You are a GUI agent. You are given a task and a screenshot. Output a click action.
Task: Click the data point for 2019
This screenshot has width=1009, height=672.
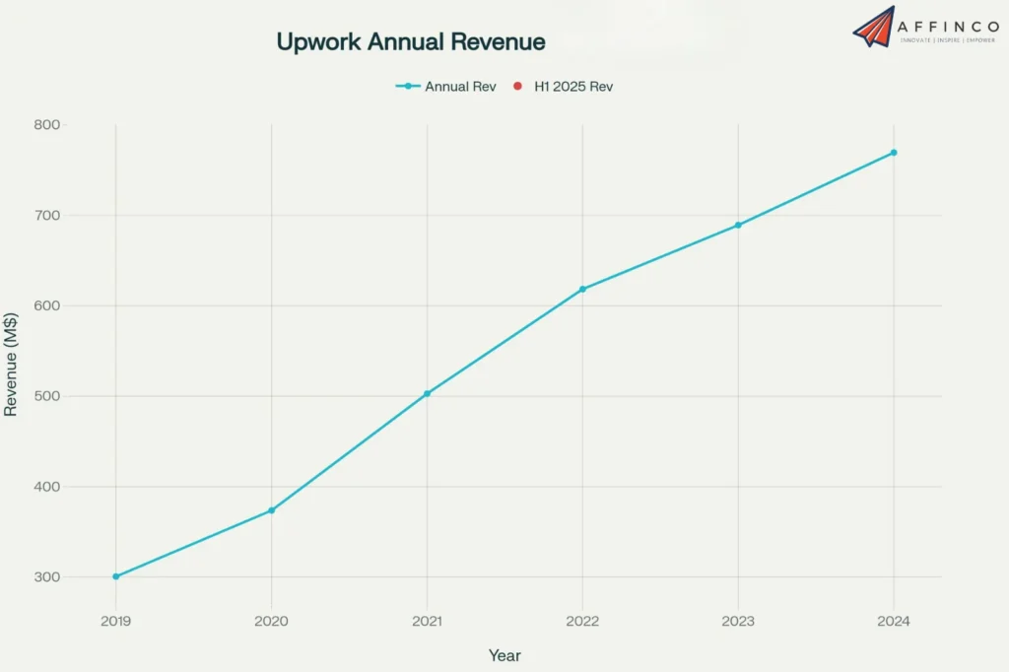pyautogui.click(x=116, y=576)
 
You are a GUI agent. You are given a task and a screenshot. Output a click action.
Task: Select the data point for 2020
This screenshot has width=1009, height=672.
pyautogui.click(x=271, y=510)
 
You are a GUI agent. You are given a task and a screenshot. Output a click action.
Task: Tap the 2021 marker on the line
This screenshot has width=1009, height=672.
pyautogui.click(x=427, y=393)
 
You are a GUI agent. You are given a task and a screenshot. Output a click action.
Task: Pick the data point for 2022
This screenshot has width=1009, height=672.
pyautogui.click(x=582, y=289)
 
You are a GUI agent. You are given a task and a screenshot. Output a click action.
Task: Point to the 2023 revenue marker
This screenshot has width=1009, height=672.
pyautogui.click(x=738, y=225)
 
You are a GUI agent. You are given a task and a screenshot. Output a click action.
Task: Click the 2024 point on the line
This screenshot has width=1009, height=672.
pyautogui.click(x=894, y=153)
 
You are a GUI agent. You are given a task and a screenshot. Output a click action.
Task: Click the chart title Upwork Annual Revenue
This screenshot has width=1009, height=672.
pyautogui.click(x=410, y=42)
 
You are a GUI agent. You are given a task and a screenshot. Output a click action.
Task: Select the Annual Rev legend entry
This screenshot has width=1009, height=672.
pyautogui.click(x=445, y=87)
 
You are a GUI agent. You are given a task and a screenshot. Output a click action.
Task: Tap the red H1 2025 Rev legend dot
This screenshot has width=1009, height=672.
pyautogui.click(x=517, y=87)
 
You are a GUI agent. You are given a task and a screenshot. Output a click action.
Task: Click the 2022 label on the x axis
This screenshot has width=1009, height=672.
pyautogui.click(x=582, y=622)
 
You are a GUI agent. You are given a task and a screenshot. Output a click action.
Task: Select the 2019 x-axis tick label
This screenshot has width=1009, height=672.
pyautogui.click(x=116, y=622)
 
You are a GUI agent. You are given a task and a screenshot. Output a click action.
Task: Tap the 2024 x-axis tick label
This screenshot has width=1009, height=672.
pyautogui.click(x=894, y=622)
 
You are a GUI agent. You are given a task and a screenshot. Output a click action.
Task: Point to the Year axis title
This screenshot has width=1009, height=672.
pyautogui.click(x=504, y=655)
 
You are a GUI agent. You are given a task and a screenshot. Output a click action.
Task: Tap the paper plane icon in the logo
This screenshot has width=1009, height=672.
pyautogui.click(x=873, y=28)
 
